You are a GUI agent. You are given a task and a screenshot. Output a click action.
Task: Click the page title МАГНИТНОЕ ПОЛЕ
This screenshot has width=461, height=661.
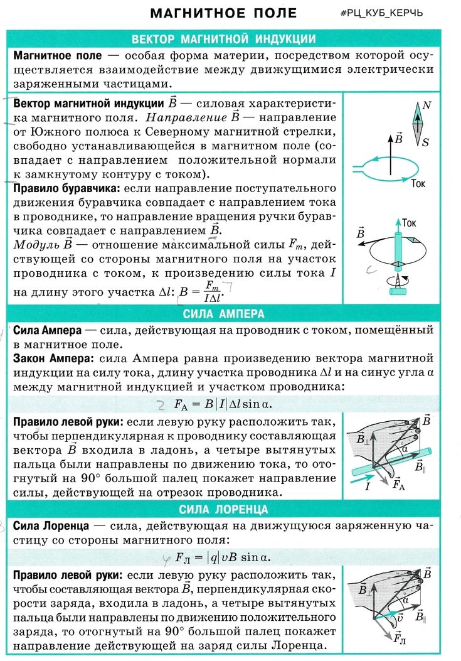tap(224, 13)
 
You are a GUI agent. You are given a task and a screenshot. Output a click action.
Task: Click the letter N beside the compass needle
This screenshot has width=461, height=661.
tap(427, 106)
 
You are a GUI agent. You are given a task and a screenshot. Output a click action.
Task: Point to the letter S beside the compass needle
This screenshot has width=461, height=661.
tap(426, 142)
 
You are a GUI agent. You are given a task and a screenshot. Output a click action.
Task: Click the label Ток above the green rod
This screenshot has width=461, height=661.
tap(410, 222)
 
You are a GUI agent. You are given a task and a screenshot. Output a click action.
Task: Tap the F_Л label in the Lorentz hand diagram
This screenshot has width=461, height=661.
tap(399, 639)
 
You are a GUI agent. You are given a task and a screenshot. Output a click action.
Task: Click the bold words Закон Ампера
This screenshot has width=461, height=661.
tap(53, 358)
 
